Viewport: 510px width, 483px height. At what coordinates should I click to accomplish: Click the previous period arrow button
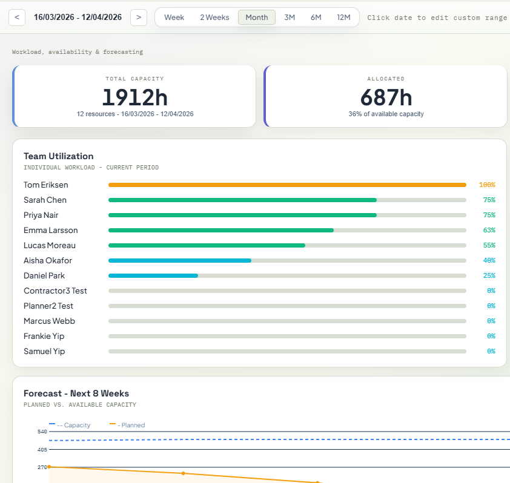point(17,18)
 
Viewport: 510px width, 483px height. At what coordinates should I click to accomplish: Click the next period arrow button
point(139,18)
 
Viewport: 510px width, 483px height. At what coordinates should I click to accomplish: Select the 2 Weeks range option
point(214,18)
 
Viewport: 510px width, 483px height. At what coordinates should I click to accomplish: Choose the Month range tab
point(257,18)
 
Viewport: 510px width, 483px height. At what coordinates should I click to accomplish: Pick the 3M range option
point(290,18)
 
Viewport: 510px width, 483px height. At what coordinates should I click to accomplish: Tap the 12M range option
point(343,18)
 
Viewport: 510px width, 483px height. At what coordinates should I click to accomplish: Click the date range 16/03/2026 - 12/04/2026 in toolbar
point(78,18)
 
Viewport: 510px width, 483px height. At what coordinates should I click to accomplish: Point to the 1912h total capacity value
point(134,97)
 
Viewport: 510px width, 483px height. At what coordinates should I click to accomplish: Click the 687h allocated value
point(386,97)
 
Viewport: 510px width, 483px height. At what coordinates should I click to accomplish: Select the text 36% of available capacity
point(386,114)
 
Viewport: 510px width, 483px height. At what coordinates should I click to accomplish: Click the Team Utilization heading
point(58,156)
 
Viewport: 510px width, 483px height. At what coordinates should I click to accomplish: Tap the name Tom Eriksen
point(45,185)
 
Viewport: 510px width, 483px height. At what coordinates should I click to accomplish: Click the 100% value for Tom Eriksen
point(487,185)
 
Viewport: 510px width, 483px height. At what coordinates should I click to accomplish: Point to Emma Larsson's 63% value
point(489,230)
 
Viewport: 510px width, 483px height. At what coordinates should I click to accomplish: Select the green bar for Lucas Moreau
point(207,245)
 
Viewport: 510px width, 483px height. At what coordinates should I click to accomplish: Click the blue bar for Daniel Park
point(153,275)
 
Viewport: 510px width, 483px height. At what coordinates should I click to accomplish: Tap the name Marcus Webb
point(49,321)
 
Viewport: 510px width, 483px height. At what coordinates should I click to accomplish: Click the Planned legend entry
point(128,425)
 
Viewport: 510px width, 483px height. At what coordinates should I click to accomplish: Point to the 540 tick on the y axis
point(42,432)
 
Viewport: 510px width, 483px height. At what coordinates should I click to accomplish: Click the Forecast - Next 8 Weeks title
point(76,393)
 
